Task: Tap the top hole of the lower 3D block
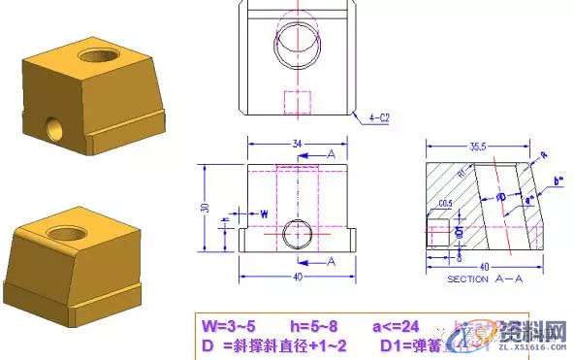(x=69, y=233)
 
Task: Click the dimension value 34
(x=297, y=144)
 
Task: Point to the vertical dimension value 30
(x=204, y=207)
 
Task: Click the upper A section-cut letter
(x=332, y=154)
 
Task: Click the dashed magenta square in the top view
(x=297, y=101)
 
